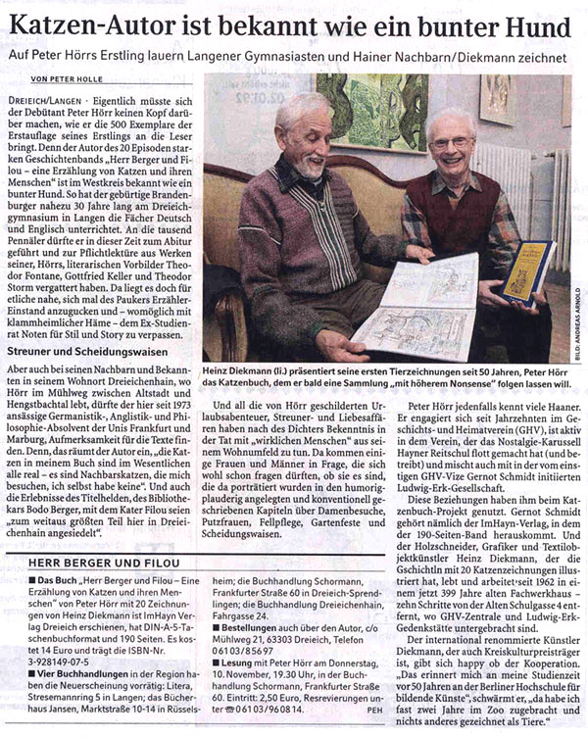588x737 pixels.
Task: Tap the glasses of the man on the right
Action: pyautogui.click(x=451, y=143)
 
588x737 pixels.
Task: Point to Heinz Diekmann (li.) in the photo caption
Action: pyautogui.click(x=249, y=370)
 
